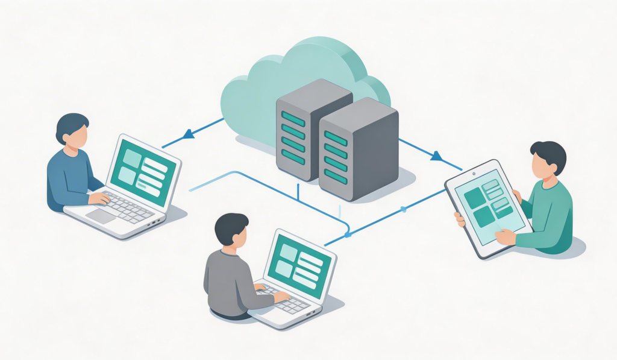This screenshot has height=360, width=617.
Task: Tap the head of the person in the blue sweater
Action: [x=72, y=131]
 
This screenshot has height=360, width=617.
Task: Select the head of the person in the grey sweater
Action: [x=232, y=230]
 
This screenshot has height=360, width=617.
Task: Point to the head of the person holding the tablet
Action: [x=547, y=160]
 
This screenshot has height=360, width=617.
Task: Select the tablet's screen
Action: [x=487, y=204]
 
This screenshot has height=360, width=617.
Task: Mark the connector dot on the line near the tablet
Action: [x=404, y=209]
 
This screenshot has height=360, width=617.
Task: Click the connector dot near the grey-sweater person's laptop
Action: [x=348, y=234]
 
